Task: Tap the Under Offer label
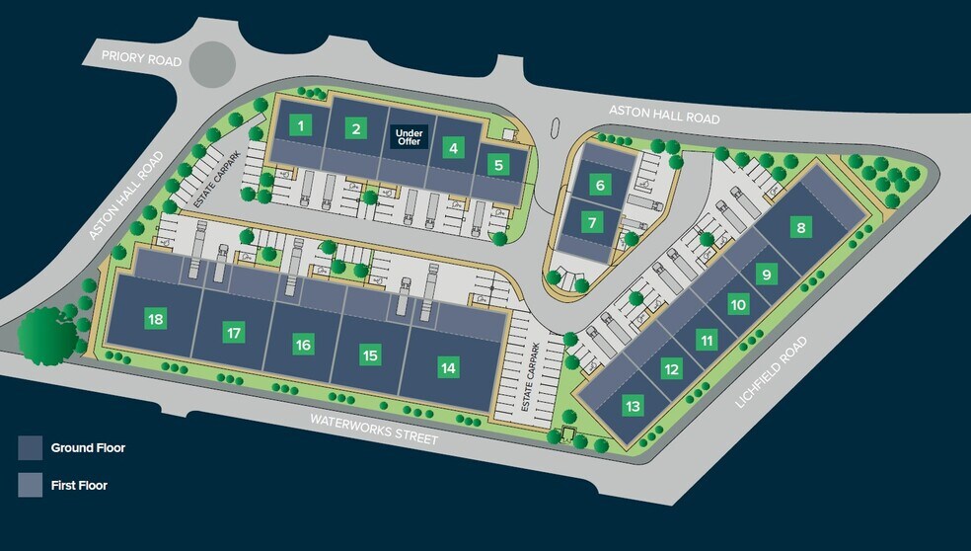click(409, 137)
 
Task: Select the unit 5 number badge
click(499, 165)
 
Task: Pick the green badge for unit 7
click(591, 222)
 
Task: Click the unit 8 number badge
click(801, 229)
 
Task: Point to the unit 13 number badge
click(633, 405)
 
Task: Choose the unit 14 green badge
click(449, 368)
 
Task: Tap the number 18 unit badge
click(155, 319)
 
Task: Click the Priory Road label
click(142, 58)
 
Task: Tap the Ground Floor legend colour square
click(31, 447)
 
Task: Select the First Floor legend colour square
click(31, 485)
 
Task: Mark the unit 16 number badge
click(303, 345)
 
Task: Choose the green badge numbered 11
click(706, 341)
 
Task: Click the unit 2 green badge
click(356, 127)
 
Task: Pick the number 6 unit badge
click(599, 184)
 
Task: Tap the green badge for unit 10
click(738, 304)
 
